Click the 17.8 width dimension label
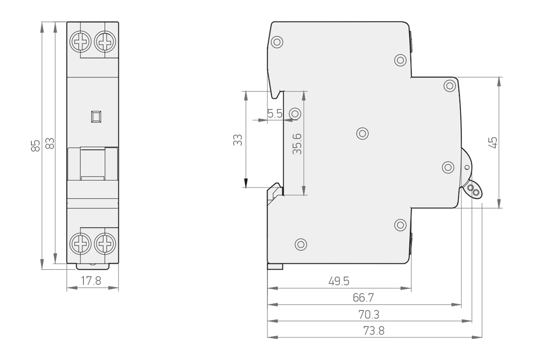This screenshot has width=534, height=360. tap(91, 280)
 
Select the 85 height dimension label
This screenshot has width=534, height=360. tap(35, 145)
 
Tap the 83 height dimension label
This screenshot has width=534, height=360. tap(50, 143)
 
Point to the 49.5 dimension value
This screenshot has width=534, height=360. tap(339, 281)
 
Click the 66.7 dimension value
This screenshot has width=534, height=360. tap(363, 298)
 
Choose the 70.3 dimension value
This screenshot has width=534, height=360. tap(369, 314)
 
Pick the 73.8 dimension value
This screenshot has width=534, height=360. tap(374, 331)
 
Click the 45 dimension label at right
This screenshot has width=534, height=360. tap(492, 142)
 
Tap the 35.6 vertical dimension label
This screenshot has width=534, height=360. tap(297, 143)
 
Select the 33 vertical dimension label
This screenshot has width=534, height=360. tap(238, 140)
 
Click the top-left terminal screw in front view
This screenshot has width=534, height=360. tap(80, 42)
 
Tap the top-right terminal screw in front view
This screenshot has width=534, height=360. tap(105, 42)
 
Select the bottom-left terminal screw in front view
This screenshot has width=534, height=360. tap(80, 244)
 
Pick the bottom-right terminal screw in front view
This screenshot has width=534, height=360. tap(105, 244)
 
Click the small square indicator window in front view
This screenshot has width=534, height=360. tap(96, 116)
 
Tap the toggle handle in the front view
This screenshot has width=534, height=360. tap(93, 164)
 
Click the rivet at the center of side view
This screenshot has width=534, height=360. tap(362, 133)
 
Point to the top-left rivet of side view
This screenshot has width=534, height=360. tap(277, 42)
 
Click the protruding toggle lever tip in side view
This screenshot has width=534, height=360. tap(474, 191)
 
